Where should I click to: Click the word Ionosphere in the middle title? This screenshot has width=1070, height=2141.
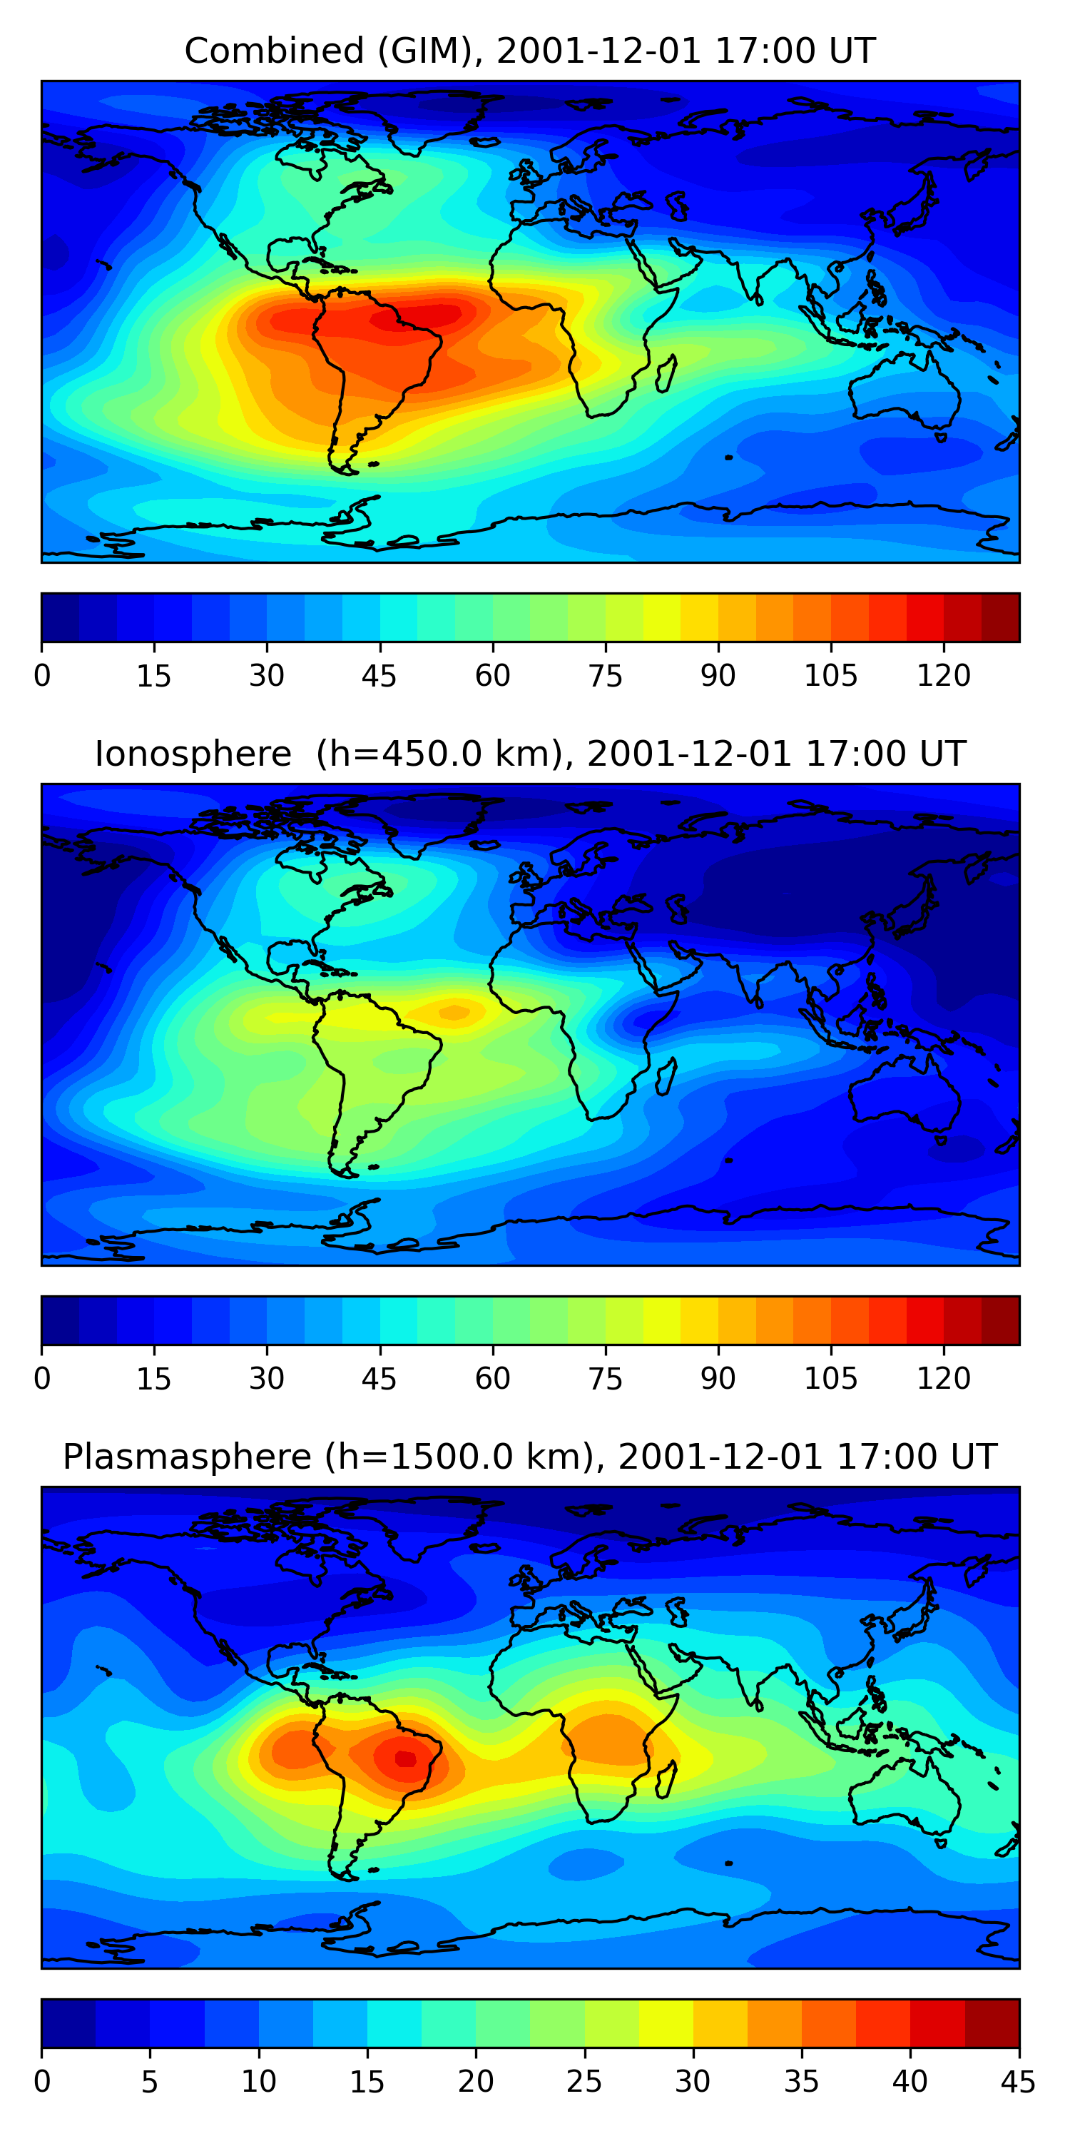coord(193,754)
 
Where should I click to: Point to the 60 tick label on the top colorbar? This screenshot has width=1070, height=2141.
coord(493,675)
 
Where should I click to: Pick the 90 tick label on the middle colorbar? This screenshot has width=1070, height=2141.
coord(718,1378)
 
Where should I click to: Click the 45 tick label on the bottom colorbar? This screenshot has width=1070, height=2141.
coord(1019,2081)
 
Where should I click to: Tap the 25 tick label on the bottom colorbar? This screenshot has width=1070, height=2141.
coord(584,2081)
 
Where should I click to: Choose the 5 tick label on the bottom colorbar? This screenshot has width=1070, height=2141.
coord(150,2081)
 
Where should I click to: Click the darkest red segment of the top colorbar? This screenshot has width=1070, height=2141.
coord(1000,617)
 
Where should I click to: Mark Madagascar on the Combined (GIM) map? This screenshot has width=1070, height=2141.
coord(666,373)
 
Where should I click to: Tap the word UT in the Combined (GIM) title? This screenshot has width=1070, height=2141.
coord(852,51)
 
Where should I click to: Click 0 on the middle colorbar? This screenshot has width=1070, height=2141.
coord(42,1378)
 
